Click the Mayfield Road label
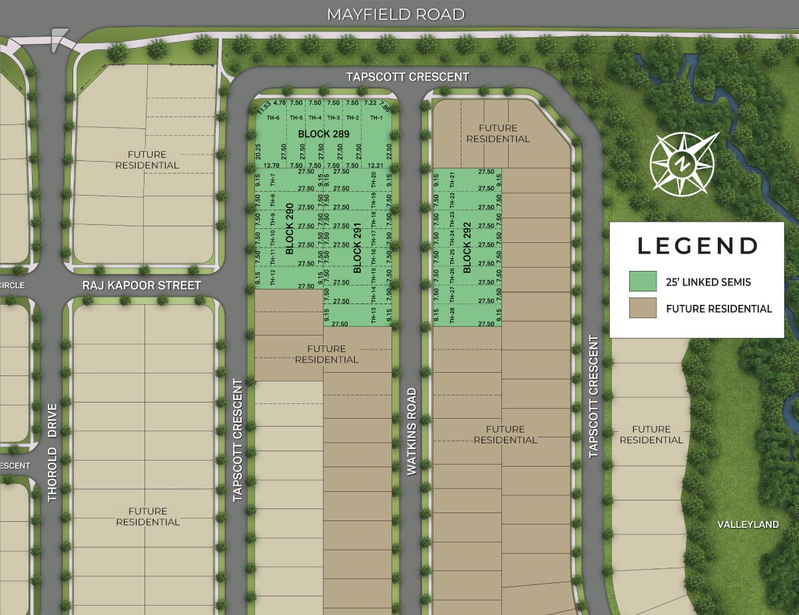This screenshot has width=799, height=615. pos(396,15)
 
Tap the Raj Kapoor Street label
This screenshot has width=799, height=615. pos(141,286)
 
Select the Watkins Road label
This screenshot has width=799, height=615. pos(411,431)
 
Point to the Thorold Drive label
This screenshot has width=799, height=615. pos(53,452)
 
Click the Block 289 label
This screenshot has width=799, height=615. pos(324,134)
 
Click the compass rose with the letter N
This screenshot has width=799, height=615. pos(682,162)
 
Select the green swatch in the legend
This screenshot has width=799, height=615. pos(643,282)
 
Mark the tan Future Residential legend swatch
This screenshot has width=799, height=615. pos(643,308)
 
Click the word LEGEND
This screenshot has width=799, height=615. pos(697,246)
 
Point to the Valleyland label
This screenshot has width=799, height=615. pos(748,524)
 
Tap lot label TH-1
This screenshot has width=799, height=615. pos(377,118)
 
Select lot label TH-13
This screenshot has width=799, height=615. pos(373,315)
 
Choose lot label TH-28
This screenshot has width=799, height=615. pos(452,315)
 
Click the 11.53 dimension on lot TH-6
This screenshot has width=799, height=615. pos(264,106)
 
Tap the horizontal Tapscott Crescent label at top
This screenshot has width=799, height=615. pos(407,77)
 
